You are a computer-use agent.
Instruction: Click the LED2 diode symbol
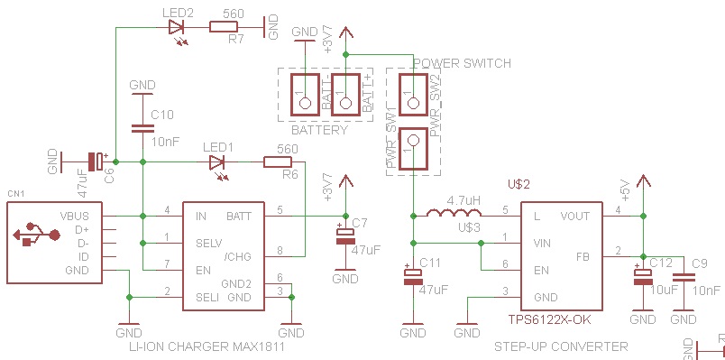pos(177,27)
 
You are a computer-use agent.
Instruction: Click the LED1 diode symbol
pos(216,162)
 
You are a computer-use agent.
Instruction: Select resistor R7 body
pos(225,27)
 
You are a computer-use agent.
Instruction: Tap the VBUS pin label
pos(75,217)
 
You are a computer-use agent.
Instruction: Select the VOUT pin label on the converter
pos(574,217)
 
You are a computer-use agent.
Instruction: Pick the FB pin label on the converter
pos(583,256)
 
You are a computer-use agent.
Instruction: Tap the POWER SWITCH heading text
pos(462,63)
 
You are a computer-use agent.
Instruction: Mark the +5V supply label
pos(624,192)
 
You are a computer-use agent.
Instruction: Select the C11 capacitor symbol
pos(413,274)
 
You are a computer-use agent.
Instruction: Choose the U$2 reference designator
pos(519,184)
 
